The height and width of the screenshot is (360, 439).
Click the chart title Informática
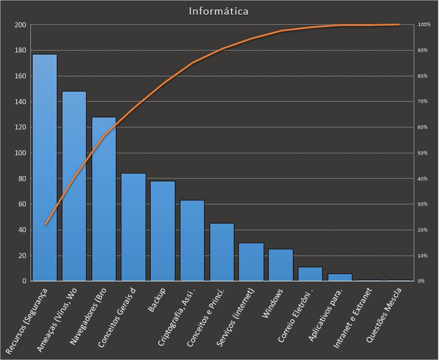click(219, 11)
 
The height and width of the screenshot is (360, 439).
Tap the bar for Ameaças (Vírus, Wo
click(74, 186)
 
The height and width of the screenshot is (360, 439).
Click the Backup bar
click(163, 231)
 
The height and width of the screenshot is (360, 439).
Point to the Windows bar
click(281, 265)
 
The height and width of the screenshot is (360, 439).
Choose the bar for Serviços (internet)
click(251, 262)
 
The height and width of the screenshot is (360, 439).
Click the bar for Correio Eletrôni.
click(310, 274)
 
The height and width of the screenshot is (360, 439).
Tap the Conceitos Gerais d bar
click(134, 227)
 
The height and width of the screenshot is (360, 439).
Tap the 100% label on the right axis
click(424, 25)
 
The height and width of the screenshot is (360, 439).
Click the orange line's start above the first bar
click(45, 225)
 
